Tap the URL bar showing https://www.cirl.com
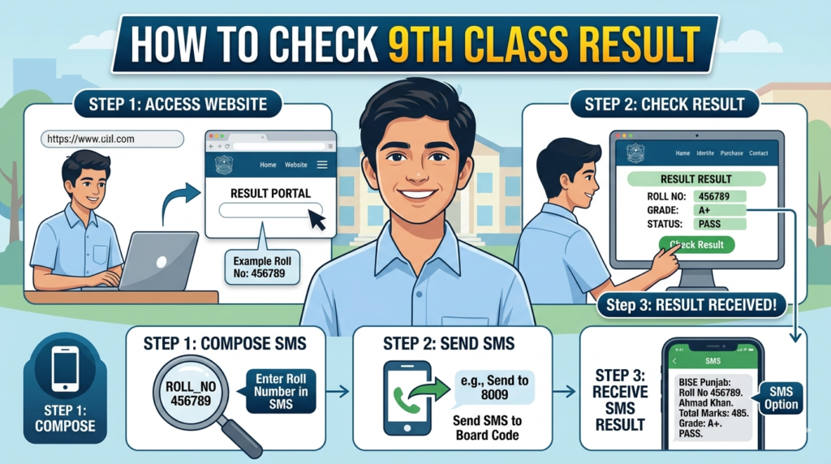click(110, 140)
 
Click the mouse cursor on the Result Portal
click(316, 220)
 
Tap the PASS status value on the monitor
click(708, 223)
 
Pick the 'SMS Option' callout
click(782, 397)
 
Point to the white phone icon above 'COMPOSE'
click(65, 370)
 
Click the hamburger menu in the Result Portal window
click(321, 165)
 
